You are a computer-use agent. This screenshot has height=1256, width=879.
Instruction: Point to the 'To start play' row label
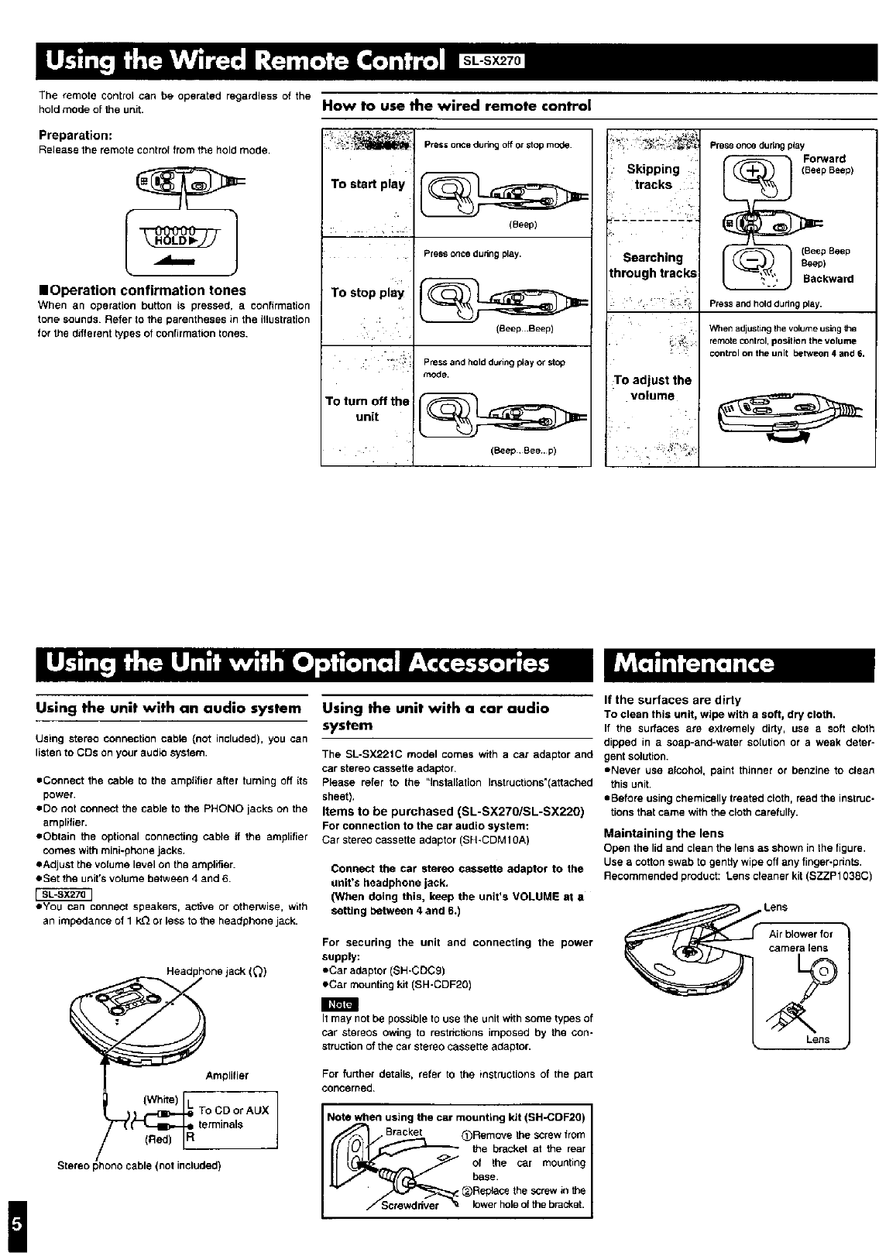(x=367, y=184)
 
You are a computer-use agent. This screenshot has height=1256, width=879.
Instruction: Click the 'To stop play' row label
(x=367, y=293)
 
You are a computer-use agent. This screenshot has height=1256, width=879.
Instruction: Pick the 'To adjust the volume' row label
(x=652, y=388)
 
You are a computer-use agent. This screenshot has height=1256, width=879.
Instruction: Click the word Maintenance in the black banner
(x=694, y=664)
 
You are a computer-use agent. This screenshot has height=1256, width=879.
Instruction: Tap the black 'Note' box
(x=341, y=1004)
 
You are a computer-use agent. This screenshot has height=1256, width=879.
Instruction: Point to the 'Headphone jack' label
(x=217, y=972)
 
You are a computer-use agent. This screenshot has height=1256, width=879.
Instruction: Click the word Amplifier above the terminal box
(x=227, y=1076)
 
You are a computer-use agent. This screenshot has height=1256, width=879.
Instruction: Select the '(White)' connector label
(x=161, y=1100)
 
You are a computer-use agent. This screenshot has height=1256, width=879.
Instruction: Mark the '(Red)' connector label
(x=159, y=1140)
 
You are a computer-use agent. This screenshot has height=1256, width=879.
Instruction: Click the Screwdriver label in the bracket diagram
(x=410, y=1205)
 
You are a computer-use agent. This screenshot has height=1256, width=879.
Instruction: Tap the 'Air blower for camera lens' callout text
(x=800, y=941)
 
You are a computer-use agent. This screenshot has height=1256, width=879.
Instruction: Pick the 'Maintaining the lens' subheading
(x=664, y=833)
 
